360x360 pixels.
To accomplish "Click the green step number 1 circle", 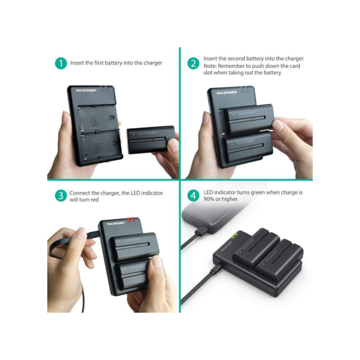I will click(61, 63).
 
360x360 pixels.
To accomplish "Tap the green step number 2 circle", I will click(193, 63).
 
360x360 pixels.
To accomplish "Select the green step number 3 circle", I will click(61, 195).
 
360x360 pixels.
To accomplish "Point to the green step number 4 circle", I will click(193, 195).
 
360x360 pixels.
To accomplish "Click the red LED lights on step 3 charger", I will click(131, 219).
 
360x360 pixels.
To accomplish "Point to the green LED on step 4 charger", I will click(236, 236).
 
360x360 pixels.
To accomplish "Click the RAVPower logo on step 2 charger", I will click(226, 93).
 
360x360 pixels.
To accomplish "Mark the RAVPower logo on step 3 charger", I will click(116, 224).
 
